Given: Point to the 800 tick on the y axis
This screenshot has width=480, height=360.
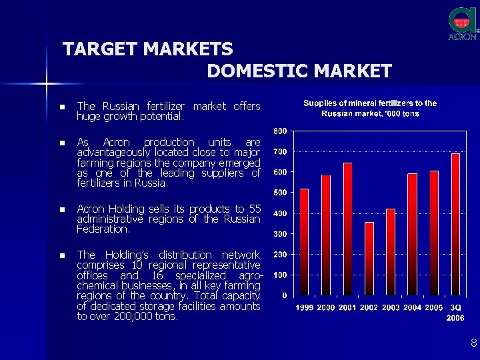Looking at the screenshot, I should (281, 130).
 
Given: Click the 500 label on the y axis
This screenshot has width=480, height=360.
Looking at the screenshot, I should (281, 193).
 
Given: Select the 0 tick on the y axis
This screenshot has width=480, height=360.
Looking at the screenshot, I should (285, 295).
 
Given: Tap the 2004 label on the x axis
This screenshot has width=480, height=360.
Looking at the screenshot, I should (413, 307).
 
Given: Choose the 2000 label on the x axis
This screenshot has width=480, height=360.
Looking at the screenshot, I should (326, 307).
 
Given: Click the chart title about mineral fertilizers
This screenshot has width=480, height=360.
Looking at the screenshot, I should (370, 108).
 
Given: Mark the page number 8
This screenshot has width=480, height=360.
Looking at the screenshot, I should (473, 343).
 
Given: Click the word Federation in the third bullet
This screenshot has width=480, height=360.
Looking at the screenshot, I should (103, 229).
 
